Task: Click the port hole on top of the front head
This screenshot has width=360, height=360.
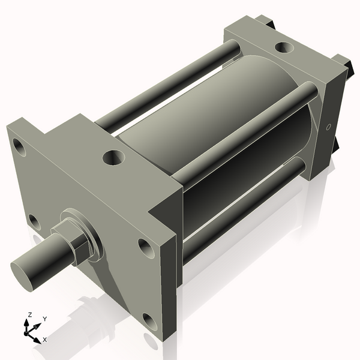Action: point(113,158)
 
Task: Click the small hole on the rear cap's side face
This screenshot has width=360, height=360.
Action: point(328,127)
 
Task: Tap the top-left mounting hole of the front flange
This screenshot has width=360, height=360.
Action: point(19,146)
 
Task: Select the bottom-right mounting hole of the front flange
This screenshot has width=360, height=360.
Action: point(149,323)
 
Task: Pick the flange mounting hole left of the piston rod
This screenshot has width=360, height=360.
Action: point(34,222)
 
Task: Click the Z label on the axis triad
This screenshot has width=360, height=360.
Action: point(29,314)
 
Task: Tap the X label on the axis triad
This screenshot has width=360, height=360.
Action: point(45,339)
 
